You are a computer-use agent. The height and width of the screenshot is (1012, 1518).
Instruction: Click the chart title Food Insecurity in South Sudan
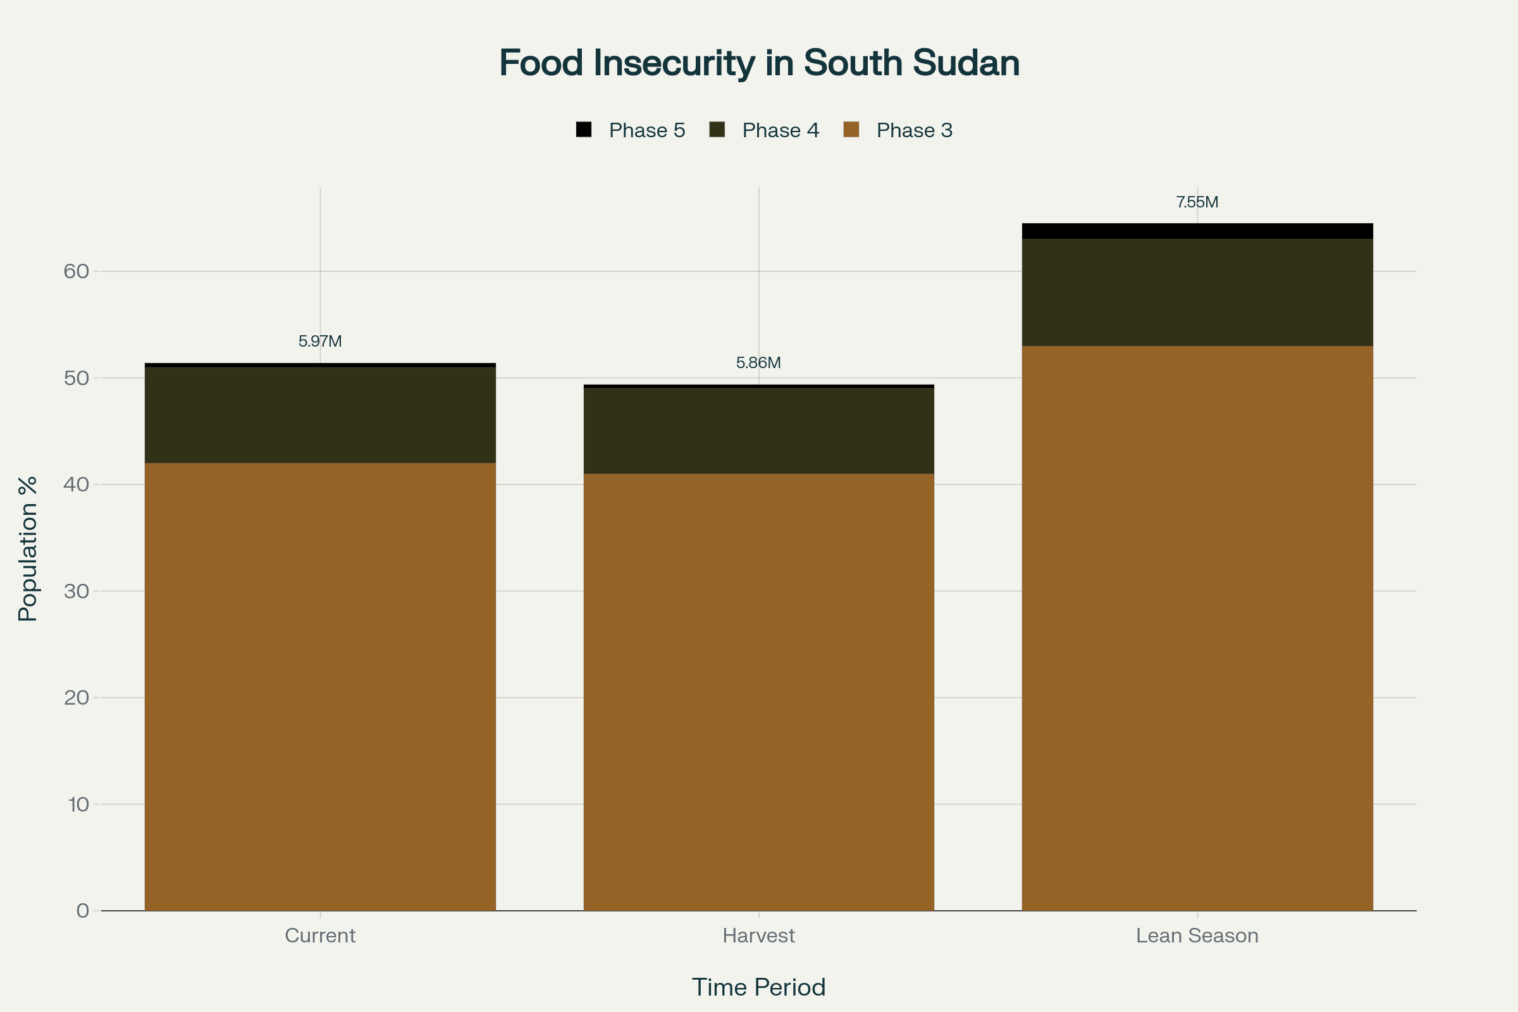pos(759,63)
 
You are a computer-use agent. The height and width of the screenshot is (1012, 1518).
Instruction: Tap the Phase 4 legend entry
pos(765,130)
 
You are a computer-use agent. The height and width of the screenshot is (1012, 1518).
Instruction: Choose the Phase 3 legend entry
pos(898,130)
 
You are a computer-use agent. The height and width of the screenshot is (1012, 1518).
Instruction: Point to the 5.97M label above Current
pos(320,341)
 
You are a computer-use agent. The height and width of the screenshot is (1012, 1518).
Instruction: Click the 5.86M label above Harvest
pos(758,362)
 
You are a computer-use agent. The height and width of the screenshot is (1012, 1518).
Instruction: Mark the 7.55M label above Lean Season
pos(1197,202)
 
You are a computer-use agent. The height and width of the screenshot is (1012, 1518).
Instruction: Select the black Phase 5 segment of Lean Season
pos(1197,231)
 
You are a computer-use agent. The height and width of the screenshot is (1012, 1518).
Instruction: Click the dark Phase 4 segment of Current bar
pos(320,415)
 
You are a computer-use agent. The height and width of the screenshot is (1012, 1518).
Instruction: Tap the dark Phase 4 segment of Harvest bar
pos(758,431)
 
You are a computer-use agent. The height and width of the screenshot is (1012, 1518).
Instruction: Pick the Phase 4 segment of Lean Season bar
pos(1197,292)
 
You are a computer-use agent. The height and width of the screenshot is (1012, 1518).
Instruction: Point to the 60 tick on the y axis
pos(76,271)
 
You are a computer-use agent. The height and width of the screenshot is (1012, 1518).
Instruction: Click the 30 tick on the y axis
pos(76,591)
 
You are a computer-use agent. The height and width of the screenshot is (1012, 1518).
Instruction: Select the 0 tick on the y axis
pos(83,911)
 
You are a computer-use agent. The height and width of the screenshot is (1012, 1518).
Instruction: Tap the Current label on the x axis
pos(320,936)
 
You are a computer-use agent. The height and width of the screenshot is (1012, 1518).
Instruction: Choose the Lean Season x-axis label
pos(1197,936)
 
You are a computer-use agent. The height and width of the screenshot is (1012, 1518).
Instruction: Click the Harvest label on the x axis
pos(758,936)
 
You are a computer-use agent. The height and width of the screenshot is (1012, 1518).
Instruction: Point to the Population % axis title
pos(28,548)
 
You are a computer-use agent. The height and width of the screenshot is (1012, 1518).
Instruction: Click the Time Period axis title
pos(758,987)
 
